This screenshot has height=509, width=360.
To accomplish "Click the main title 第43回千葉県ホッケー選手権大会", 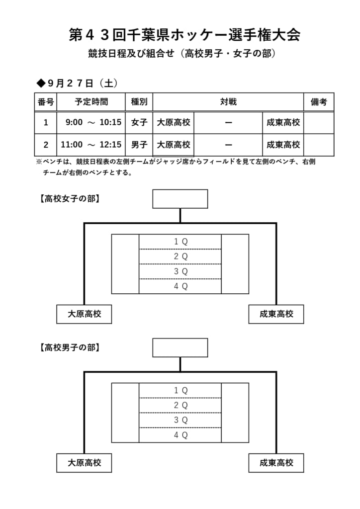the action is point(184,35).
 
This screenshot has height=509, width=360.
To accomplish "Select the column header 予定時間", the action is point(91,102).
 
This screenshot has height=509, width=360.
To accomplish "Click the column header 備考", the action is point(319,102).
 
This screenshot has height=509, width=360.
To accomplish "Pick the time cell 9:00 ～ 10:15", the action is point(93,122).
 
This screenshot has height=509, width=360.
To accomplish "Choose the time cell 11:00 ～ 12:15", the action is point(91,145).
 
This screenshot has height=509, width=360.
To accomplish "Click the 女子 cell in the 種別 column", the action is point(139,122).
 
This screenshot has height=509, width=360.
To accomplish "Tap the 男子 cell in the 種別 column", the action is point(139,145).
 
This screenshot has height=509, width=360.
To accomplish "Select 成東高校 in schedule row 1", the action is point(283,122).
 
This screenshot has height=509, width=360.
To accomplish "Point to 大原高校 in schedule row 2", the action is point(174,145).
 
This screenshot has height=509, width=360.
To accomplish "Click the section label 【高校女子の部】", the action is point(70,199).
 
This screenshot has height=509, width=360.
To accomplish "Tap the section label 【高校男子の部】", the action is point(70,347).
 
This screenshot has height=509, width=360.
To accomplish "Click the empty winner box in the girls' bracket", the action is point(180,199).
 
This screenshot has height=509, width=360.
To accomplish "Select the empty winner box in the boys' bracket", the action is point(180,347).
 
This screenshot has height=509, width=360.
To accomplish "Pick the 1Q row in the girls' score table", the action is point(180,242).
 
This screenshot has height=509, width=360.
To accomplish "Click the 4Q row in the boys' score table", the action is point(180,435).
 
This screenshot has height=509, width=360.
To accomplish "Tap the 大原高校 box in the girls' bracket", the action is point(84,314).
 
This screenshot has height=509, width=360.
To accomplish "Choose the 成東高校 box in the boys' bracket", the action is point(276,463).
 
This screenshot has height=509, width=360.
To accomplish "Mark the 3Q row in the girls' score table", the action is point(180,272).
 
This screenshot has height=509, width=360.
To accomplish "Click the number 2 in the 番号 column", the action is point(46,145).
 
